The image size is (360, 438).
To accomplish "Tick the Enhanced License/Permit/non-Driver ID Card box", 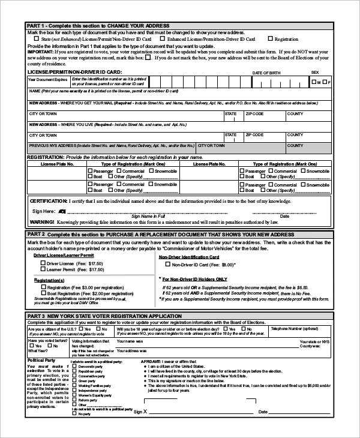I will click(x=163, y=39).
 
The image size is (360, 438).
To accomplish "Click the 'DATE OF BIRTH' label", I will click(x=266, y=73).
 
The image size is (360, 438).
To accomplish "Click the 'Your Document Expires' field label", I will click(x=48, y=79).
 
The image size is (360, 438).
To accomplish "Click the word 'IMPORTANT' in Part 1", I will click(x=40, y=52).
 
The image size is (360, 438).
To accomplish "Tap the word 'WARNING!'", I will click(x=42, y=221).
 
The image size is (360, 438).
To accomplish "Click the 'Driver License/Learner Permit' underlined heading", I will click(x=64, y=256).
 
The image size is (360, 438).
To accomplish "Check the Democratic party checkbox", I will click(x=74, y=366).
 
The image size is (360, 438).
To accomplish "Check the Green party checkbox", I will click(x=74, y=381).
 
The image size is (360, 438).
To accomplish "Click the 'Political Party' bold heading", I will click(x=43, y=360).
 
